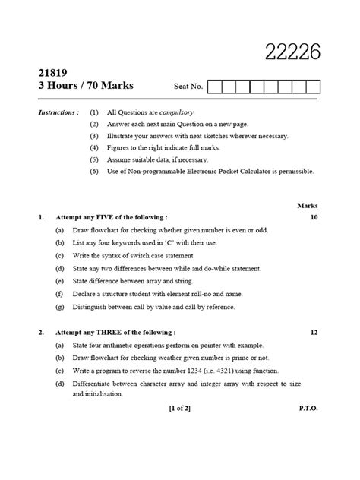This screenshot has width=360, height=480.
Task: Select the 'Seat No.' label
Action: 189,87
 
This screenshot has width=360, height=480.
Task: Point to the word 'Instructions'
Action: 58,112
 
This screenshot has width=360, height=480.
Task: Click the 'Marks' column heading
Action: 308,205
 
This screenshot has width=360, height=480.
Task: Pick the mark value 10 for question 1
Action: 313,217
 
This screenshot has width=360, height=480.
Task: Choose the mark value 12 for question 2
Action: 313,333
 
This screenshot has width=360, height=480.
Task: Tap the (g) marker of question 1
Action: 59,307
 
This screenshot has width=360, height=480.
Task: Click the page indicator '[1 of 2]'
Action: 180,408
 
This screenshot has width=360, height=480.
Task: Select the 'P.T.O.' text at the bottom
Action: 308,408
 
